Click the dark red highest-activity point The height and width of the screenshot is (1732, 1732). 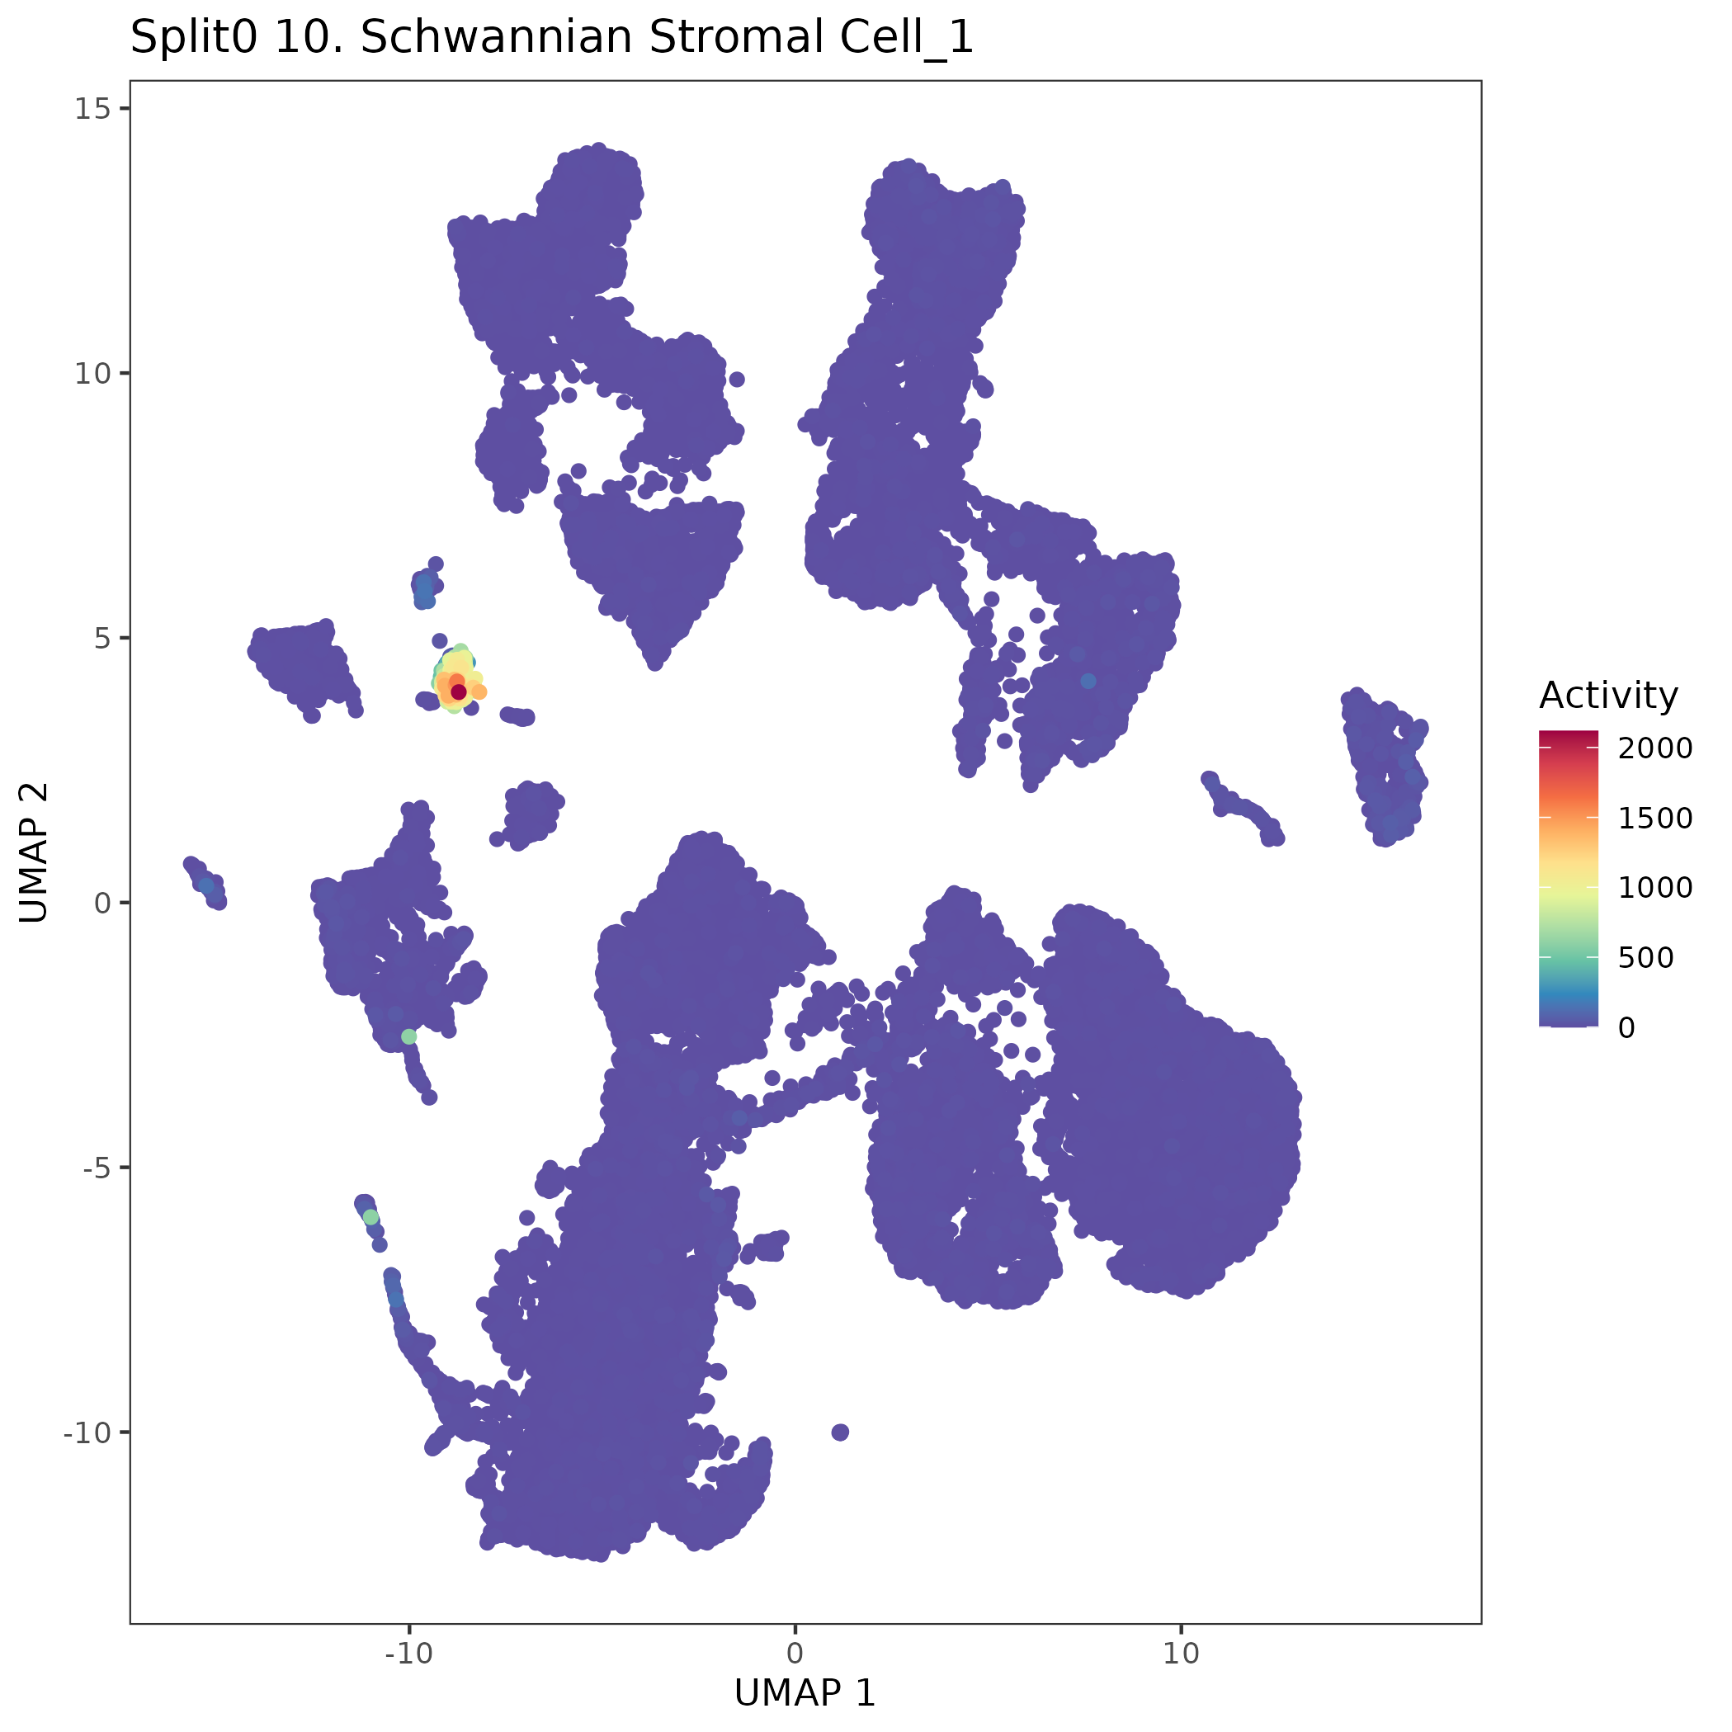click(x=458, y=691)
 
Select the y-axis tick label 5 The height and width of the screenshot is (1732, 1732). click(x=99, y=639)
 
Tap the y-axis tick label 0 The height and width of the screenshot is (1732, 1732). click(x=101, y=903)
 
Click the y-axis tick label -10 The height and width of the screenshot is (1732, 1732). click(x=86, y=1432)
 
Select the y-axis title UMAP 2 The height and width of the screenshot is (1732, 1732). click(x=34, y=852)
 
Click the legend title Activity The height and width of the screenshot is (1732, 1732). click(x=1608, y=696)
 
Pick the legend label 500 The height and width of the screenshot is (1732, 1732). click(x=1646, y=957)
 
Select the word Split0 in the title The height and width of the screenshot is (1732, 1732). click(x=195, y=38)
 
